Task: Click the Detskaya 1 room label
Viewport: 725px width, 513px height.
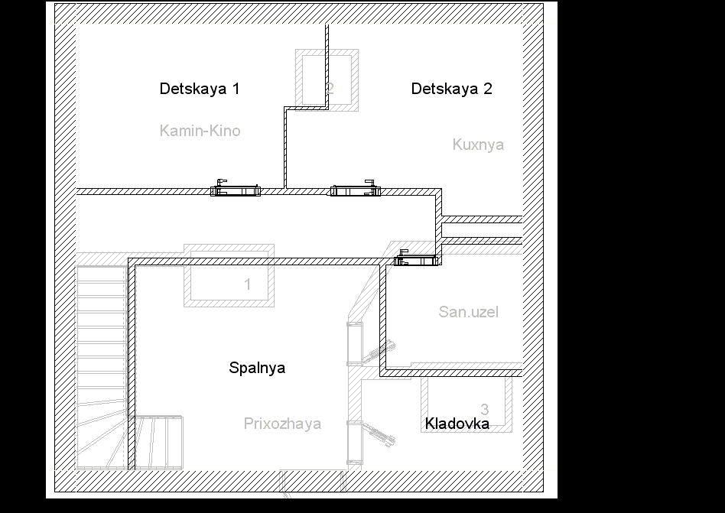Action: click(x=200, y=89)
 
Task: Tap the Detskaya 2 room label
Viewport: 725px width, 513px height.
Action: click(x=452, y=89)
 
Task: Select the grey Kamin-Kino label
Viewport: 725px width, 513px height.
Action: click(x=200, y=131)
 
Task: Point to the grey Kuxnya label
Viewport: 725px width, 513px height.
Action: click(x=478, y=144)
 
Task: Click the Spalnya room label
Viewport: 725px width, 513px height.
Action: click(x=257, y=368)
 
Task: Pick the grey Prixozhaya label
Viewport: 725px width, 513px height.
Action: click(x=282, y=424)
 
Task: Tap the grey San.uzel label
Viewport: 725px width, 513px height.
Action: click(x=468, y=312)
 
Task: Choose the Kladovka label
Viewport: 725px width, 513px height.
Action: click(x=457, y=424)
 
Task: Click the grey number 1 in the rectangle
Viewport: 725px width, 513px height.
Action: click(x=247, y=284)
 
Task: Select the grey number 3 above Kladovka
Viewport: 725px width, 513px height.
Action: click(x=485, y=409)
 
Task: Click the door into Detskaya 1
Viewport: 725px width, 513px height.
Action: click(x=236, y=189)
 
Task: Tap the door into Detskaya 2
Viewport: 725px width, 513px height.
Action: click(x=356, y=189)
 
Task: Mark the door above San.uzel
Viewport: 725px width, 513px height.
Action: click(x=416, y=259)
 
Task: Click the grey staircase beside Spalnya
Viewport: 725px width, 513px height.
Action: click(x=102, y=368)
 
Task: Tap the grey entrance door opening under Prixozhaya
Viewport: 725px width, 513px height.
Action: click(x=313, y=481)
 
